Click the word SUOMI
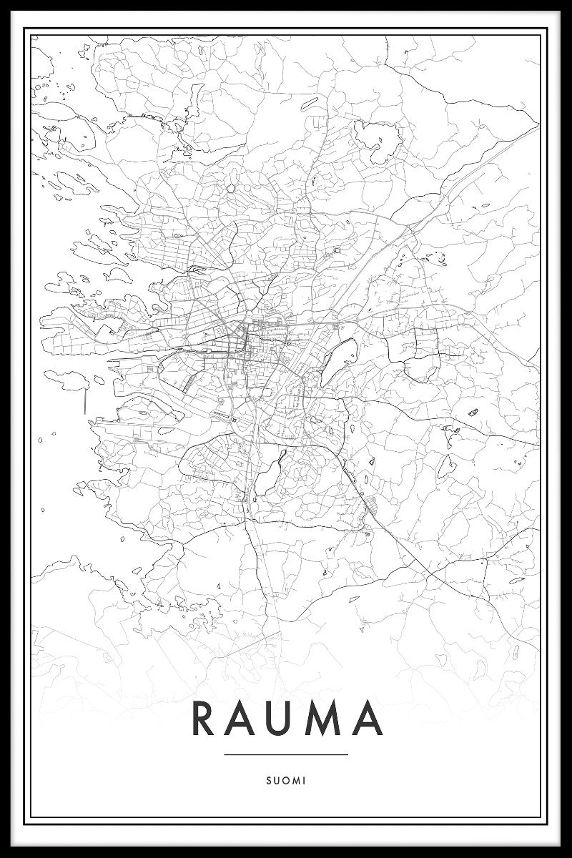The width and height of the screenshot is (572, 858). [x=285, y=781]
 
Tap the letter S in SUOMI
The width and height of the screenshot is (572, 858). [x=267, y=781]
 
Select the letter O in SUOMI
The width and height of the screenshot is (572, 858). [x=285, y=781]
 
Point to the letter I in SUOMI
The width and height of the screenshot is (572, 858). [x=304, y=781]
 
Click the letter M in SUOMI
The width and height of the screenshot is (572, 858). [x=295, y=781]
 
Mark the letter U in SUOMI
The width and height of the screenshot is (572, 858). [x=275, y=781]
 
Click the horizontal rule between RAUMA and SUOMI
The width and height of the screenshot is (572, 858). [x=285, y=754]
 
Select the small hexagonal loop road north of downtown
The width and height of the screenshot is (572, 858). [x=231, y=188]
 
